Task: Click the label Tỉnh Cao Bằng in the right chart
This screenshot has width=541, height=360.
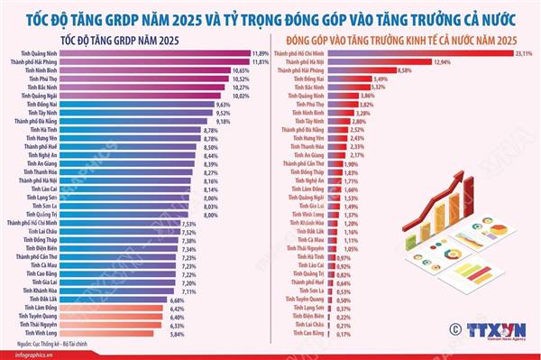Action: tap(309, 333)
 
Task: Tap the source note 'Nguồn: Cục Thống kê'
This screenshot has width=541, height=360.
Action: tap(55, 344)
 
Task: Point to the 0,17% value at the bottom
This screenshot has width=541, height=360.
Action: tap(343, 333)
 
